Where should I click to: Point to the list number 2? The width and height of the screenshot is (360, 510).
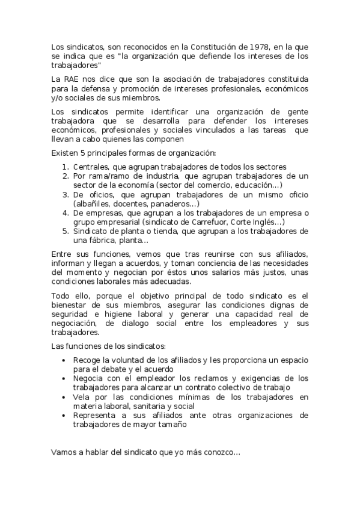pos(66,176)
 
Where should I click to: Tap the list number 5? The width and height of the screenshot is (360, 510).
pos(66,231)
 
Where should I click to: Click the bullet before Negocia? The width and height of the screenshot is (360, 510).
pos(64,378)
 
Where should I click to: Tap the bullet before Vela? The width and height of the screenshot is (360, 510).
pos(64,397)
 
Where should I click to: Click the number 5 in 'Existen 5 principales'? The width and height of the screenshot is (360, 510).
pos(81,153)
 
